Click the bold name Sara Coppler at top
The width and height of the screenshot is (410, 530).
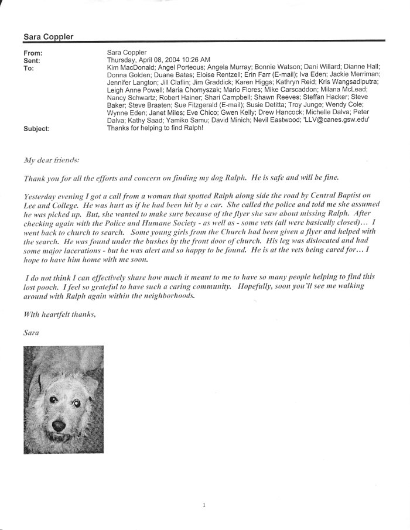click(48, 36)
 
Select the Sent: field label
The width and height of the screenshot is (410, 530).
click(32, 60)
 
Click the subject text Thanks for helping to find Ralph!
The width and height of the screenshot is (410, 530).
click(154, 128)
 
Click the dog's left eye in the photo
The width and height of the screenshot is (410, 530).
click(76, 403)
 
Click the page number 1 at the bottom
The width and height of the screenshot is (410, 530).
click(204, 504)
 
